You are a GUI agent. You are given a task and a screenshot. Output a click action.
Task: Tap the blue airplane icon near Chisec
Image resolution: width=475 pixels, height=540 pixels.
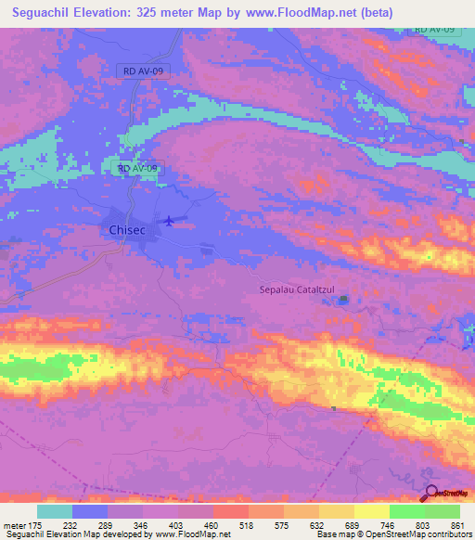168,220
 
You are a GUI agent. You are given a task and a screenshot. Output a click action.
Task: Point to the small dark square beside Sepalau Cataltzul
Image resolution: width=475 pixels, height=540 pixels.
344,300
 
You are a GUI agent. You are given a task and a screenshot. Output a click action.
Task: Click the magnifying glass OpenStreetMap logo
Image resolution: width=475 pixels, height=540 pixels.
431,495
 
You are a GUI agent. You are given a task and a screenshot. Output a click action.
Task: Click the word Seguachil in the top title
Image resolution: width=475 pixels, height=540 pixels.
45,13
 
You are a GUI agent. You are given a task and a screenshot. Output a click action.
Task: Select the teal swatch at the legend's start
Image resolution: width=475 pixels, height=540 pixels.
55,511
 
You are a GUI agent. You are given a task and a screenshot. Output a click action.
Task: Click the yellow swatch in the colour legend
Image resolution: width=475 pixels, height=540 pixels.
371,511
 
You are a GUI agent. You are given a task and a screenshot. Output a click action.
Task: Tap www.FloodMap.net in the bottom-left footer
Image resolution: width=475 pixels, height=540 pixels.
184,534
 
